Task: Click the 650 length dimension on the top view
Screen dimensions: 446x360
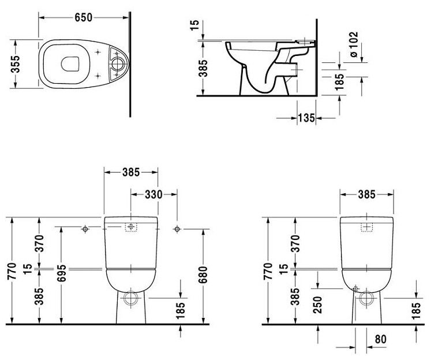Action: coord(83,18)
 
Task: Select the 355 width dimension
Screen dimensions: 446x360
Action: coord(16,64)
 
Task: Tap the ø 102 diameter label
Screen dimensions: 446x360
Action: coord(353,44)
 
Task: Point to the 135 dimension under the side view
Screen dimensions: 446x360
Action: coord(306,118)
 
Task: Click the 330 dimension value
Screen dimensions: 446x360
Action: coord(153,194)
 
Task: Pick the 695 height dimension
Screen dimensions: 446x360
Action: coord(61,273)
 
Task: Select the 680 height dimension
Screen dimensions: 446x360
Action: coord(203,275)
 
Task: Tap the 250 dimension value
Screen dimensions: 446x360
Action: coord(317,305)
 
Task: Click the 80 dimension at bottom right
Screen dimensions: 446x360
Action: coord(381,339)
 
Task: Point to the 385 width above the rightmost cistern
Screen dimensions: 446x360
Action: coord(366,194)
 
